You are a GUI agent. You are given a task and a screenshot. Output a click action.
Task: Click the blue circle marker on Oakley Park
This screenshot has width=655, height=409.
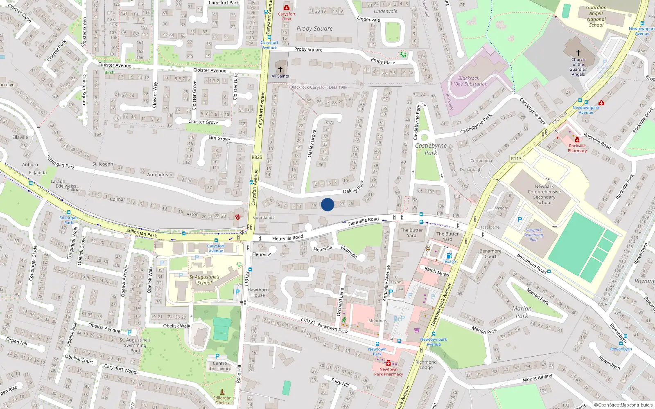click(x=327, y=204)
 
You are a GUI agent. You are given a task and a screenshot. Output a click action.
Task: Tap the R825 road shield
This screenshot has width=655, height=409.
click(x=257, y=157)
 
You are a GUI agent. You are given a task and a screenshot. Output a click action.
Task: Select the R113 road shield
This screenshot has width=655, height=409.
click(x=516, y=159)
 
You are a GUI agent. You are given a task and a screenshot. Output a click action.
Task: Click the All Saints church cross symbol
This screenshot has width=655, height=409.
click(x=280, y=70)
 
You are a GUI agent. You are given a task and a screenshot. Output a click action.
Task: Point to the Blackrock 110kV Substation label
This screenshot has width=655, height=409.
click(x=469, y=81)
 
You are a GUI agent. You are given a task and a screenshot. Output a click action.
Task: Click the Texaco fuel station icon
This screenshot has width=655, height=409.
click(x=449, y=256)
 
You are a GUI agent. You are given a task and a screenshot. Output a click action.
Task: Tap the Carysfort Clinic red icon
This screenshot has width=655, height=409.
click(x=287, y=7)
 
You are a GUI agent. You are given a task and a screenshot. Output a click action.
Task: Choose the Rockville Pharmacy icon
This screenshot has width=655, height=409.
click(x=577, y=140)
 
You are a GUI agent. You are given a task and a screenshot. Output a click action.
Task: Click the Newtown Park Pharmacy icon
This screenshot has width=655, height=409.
click(x=388, y=363)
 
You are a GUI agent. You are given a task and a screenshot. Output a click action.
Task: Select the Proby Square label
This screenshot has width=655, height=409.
click(x=314, y=29)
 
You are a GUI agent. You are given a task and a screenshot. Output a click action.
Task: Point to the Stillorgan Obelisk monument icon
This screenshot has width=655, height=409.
click(x=222, y=392)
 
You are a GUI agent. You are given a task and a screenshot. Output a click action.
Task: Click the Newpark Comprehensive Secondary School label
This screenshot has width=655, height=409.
click(x=544, y=194)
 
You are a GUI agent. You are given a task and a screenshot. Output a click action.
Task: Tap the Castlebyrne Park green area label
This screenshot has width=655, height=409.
click(x=431, y=149)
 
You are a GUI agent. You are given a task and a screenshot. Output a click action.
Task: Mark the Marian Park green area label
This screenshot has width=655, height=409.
click(x=522, y=312)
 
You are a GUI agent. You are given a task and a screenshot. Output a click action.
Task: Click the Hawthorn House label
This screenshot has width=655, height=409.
click(x=258, y=292)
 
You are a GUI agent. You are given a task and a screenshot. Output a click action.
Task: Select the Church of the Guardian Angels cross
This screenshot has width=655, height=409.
click(x=578, y=53)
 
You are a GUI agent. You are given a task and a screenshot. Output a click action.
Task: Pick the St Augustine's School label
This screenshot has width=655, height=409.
click(x=204, y=280)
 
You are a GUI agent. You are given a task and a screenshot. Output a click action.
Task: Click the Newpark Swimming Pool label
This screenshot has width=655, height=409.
click(x=534, y=235)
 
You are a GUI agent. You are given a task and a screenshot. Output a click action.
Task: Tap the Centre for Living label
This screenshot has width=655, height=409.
click(x=220, y=366)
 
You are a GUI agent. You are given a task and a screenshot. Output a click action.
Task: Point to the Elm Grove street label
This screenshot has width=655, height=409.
click(x=219, y=138)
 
